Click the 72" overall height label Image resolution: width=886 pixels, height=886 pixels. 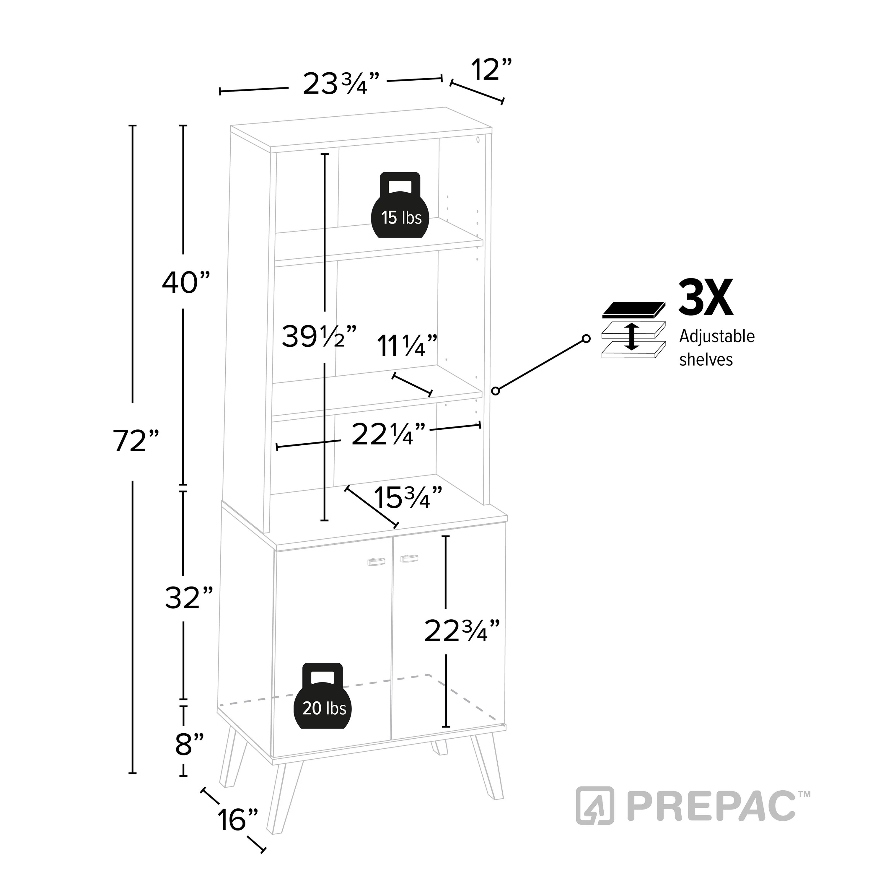(x=136, y=441)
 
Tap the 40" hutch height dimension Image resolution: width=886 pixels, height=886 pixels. (x=186, y=282)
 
